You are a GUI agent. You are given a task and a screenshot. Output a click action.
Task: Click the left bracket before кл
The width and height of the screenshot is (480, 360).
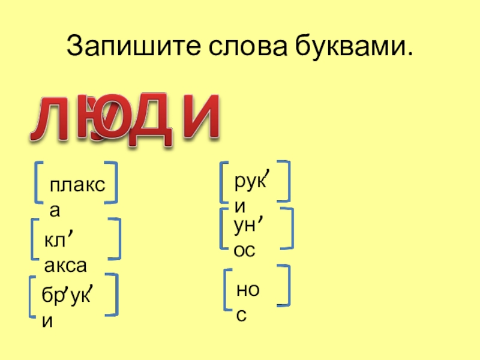pyautogui.click(x=35, y=240)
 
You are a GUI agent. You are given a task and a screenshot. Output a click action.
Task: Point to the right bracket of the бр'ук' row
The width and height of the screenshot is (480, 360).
pyautogui.click(x=112, y=295)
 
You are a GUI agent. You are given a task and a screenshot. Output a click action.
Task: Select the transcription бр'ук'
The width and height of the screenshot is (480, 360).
pyautogui.click(x=66, y=294)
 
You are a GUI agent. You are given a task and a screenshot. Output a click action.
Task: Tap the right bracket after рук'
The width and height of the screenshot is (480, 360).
pyautogui.click(x=286, y=180)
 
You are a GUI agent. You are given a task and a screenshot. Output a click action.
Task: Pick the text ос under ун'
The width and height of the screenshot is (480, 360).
pyautogui.click(x=244, y=251)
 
